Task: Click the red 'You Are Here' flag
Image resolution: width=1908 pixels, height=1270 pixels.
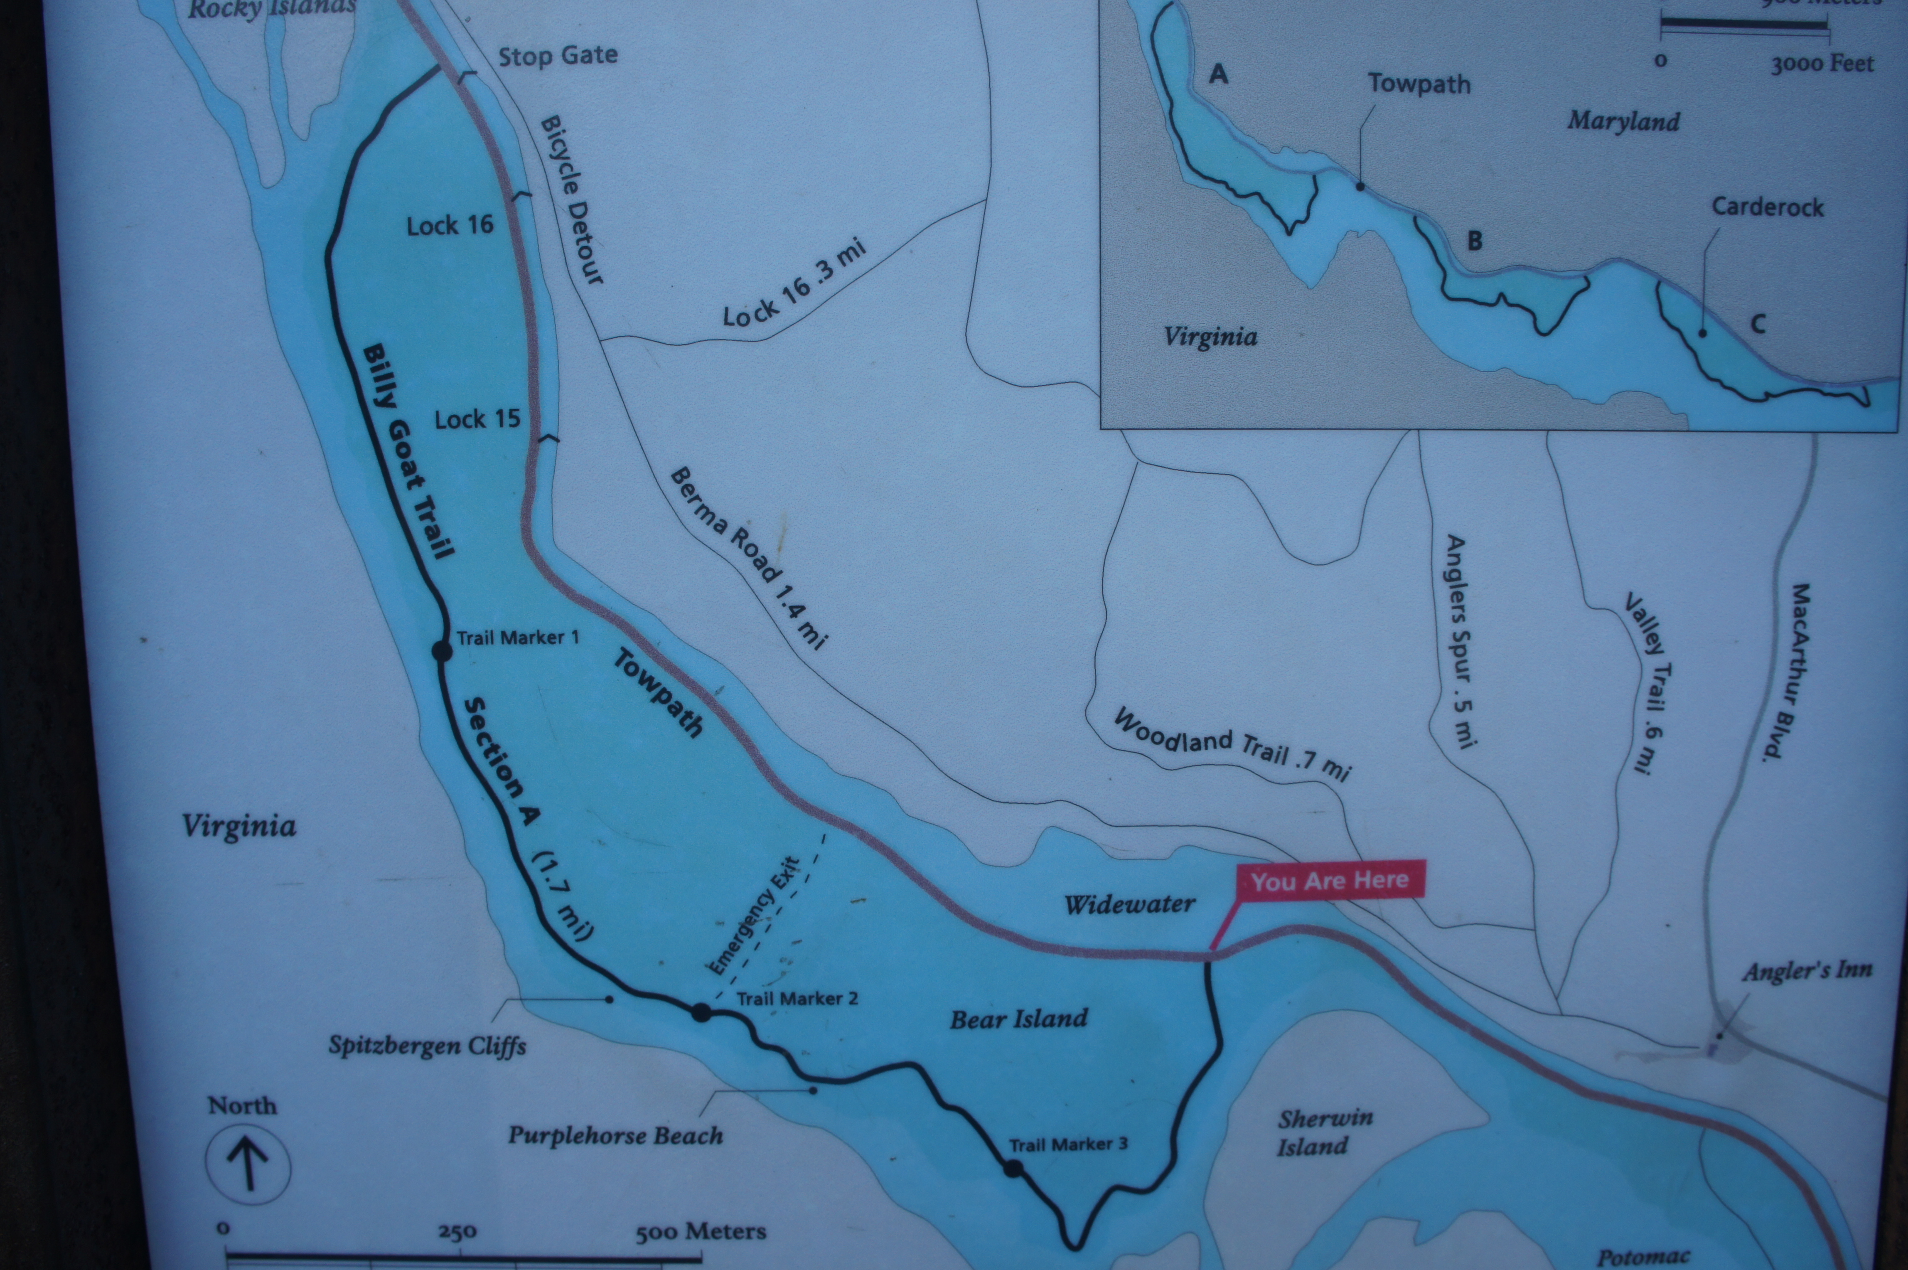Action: tap(1329, 881)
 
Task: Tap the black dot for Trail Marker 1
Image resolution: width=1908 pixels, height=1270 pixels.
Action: tap(441, 650)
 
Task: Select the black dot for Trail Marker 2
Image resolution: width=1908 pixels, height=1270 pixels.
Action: tap(701, 1012)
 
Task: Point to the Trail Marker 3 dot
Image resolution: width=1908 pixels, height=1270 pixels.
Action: tap(1012, 1168)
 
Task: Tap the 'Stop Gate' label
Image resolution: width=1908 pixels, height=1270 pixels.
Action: tap(557, 56)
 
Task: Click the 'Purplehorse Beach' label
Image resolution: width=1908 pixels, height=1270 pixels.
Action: tap(615, 1135)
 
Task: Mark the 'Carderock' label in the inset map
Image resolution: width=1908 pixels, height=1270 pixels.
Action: tap(1767, 207)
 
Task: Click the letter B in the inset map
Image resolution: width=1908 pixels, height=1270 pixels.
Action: tap(1475, 241)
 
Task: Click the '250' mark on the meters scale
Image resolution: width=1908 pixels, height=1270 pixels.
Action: tap(457, 1232)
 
